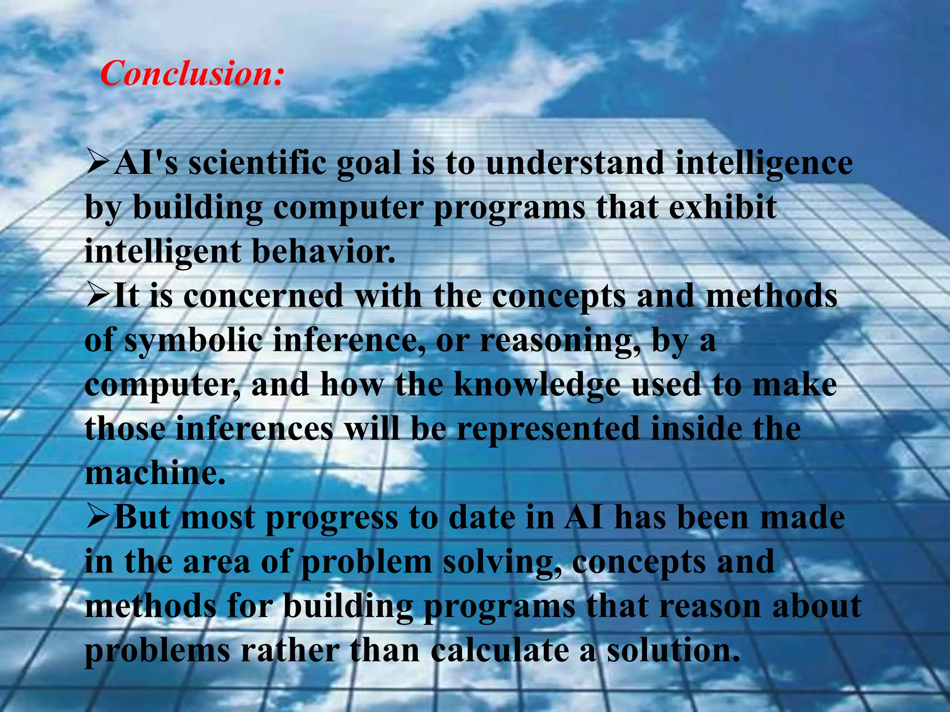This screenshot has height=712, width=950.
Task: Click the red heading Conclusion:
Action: [191, 74]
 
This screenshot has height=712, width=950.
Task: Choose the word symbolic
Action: [193, 340]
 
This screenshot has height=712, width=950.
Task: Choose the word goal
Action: [369, 164]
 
